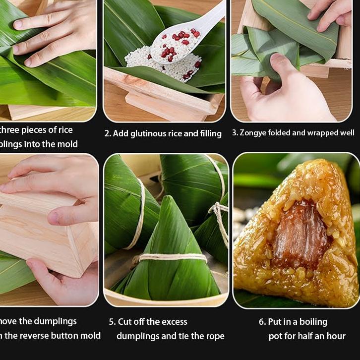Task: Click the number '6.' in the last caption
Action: (x=262, y=322)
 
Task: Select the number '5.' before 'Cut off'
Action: (x=112, y=322)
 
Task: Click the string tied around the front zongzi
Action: (x=171, y=257)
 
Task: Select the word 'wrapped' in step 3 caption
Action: (x=322, y=133)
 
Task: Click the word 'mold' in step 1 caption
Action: (x=67, y=144)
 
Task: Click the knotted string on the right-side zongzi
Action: (x=218, y=208)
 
